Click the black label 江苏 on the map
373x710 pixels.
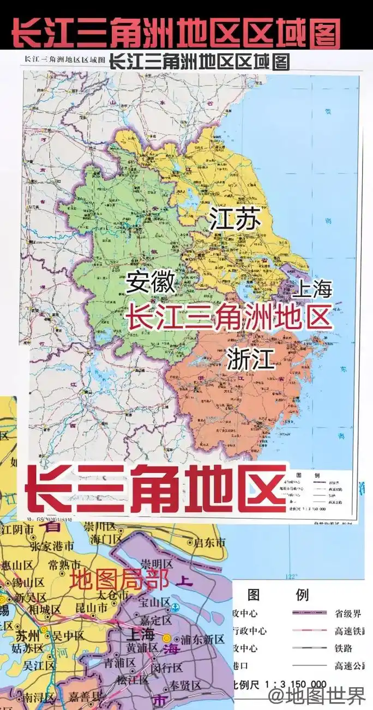click(234, 220)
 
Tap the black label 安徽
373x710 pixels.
click(151, 282)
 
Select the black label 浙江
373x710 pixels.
click(251, 360)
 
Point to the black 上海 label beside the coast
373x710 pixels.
click(311, 289)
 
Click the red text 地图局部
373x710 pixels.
click(119, 580)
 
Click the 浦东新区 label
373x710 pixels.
click(201, 639)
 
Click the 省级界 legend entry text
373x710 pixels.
click(347, 614)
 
